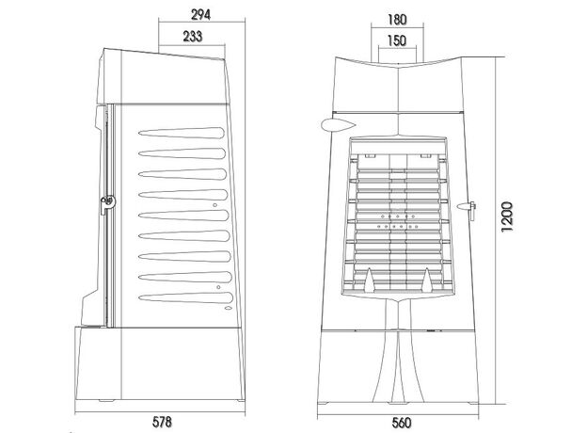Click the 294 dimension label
pyautogui.click(x=201, y=15)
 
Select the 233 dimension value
pyautogui.click(x=193, y=36)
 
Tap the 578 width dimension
pyautogui.click(x=162, y=422)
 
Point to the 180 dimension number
pyautogui.click(x=397, y=20)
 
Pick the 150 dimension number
pyautogui.click(x=397, y=40)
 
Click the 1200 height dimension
pyautogui.click(x=507, y=216)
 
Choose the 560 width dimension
pyautogui.click(x=402, y=423)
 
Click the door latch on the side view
pyautogui.click(x=108, y=203)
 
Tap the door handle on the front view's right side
pyautogui.click(x=467, y=209)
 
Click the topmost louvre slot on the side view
pyautogui.click(x=182, y=133)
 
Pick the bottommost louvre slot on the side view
pyautogui.click(x=186, y=297)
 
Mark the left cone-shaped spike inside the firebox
pyautogui.click(x=370, y=281)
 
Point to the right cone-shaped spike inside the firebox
pyautogui.click(x=426, y=281)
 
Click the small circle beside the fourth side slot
pyautogui.click(x=214, y=205)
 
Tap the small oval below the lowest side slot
pyautogui.click(x=228, y=308)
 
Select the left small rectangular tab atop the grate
pyautogui.click(x=371, y=156)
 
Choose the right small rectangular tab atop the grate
pyautogui.click(x=425, y=156)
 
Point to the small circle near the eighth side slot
pyautogui.click(x=218, y=287)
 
